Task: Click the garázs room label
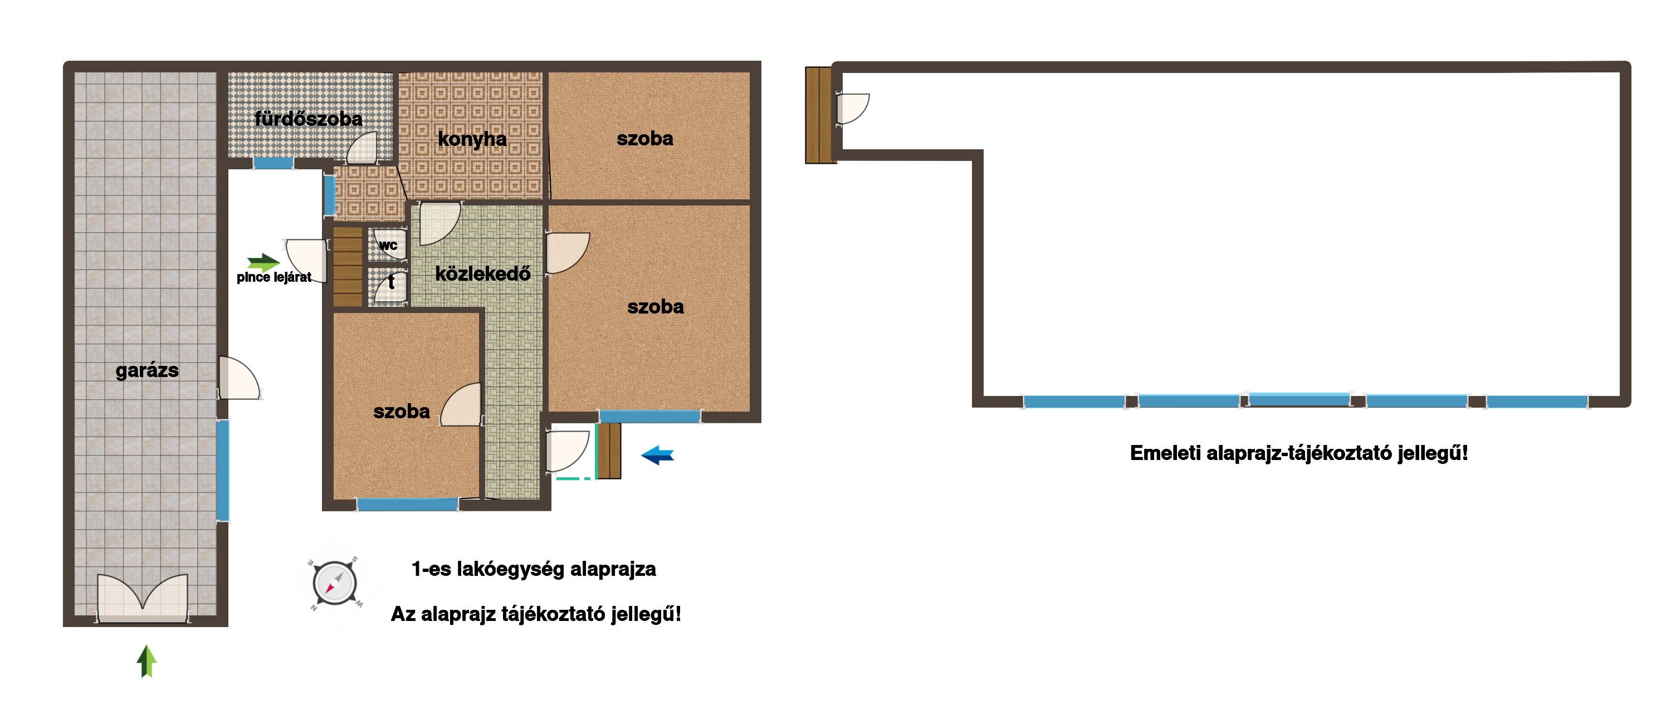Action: [146, 371]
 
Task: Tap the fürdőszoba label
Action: [308, 119]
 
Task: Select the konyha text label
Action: [472, 139]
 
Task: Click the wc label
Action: [388, 245]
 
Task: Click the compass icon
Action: [334, 583]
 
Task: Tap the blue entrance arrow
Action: [657, 455]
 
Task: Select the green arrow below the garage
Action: [146, 661]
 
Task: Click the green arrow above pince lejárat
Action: [263, 262]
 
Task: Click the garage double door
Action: [143, 599]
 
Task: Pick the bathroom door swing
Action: [362, 148]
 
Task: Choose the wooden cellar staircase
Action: [348, 267]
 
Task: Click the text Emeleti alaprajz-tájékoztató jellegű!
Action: [1299, 453]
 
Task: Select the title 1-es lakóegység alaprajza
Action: [533, 570]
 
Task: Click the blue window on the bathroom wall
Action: [273, 163]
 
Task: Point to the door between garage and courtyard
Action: [239, 378]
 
